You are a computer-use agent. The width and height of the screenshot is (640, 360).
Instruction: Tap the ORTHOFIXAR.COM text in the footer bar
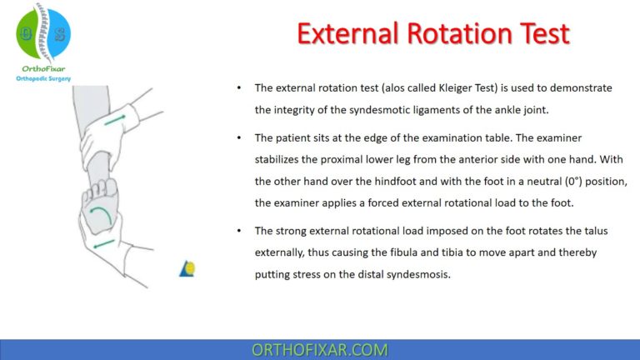pos(319,349)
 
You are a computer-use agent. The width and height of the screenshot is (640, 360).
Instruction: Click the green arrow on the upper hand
pos(121,122)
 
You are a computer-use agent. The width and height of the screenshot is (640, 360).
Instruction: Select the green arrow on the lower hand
pos(106,243)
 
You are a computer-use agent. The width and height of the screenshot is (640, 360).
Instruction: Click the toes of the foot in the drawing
pos(100,191)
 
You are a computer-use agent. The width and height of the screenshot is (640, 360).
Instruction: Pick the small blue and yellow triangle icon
pos(187,267)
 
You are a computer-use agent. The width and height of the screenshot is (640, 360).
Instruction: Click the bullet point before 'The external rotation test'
pos(240,87)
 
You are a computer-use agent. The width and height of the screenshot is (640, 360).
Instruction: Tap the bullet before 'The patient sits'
pos(240,136)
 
